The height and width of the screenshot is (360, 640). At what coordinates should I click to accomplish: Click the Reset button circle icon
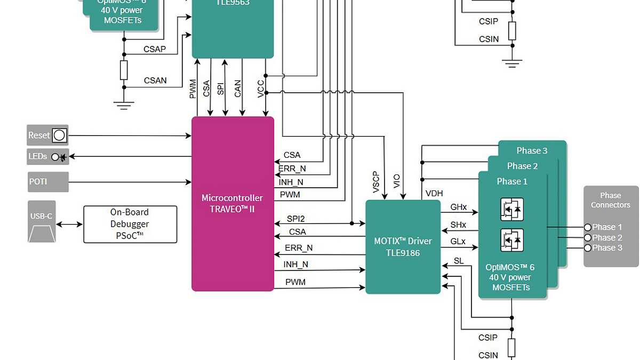click(x=59, y=135)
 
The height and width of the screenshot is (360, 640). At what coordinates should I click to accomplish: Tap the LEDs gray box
click(x=48, y=157)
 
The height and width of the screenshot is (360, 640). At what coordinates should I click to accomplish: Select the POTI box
click(x=48, y=182)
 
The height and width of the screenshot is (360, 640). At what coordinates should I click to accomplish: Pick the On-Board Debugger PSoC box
click(x=130, y=225)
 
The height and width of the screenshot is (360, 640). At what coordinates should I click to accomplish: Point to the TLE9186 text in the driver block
click(x=403, y=253)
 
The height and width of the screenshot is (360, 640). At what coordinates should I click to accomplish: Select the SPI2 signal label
click(x=295, y=219)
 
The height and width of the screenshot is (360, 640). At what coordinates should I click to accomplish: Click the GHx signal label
click(x=458, y=207)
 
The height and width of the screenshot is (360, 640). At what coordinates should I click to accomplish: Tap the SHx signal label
click(x=458, y=225)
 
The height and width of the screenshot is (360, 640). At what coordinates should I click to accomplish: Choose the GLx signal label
click(x=458, y=242)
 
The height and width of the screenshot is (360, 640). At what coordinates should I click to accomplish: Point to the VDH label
click(x=434, y=194)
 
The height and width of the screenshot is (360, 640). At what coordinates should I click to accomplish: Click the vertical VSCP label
click(x=376, y=182)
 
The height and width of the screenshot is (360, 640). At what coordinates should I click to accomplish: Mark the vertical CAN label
click(x=237, y=88)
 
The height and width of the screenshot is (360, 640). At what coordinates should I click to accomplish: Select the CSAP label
click(x=155, y=49)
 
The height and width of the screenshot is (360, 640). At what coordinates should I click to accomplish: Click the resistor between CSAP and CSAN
click(x=124, y=70)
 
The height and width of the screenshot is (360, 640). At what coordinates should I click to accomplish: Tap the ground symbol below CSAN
click(x=124, y=105)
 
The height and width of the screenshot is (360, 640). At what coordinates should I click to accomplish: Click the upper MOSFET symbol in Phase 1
click(x=511, y=210)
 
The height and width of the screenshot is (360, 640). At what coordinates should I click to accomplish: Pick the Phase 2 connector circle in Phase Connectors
click(x=588, y=238)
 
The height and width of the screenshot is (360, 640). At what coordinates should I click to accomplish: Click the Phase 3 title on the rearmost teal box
click(x=532, y=150)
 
